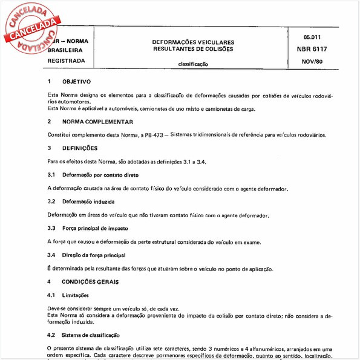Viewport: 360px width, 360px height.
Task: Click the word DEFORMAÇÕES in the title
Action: (x=171, y=42)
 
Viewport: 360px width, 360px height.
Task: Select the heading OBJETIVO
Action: (x=76, y=81)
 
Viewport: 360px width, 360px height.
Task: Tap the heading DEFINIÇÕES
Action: (x=80, y=148)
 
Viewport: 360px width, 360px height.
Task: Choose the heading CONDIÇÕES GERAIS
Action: (x=90, y=282)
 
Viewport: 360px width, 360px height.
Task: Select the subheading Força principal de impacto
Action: (x=96, y=228)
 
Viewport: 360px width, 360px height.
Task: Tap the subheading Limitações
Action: (x=75, y=295)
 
